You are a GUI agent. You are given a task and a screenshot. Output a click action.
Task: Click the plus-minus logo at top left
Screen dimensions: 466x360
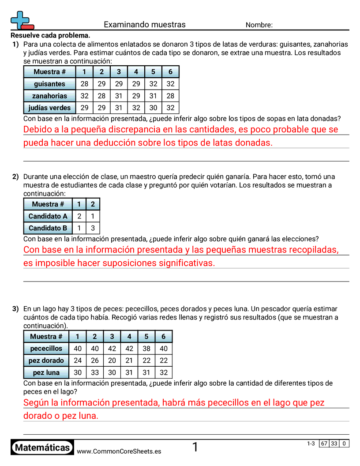pos(21,20)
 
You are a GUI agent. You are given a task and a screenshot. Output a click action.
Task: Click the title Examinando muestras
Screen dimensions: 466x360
pos(145,25)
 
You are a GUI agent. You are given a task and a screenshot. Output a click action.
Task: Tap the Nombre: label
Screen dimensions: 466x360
pos(259,25)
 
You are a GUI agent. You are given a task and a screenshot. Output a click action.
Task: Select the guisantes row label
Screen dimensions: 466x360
pos(49,84)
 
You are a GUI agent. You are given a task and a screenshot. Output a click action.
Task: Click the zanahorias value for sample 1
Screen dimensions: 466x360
pos(84,96)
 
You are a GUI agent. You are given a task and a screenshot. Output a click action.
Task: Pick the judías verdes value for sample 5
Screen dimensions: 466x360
pos(153,108)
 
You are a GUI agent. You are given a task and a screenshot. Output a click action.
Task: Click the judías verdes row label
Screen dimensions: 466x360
pos(49,108)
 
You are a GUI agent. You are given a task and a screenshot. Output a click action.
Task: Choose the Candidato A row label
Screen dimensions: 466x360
pos(48,216)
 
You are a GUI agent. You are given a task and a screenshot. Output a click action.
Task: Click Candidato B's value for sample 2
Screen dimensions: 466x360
pos(93,228)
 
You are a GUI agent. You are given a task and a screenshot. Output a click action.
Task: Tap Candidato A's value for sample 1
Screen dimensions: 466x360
pos(79,216)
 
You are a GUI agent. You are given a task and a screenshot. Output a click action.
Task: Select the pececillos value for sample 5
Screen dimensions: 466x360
pos(146,349)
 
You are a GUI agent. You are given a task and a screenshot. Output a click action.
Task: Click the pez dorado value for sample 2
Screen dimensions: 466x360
pos(94,361)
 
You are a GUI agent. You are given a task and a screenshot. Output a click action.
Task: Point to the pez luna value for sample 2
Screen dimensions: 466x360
pos(94,372)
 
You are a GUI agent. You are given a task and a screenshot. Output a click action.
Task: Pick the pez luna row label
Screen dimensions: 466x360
pos(46,372)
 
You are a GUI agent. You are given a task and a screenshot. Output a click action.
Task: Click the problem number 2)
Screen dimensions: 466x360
pos(15,177)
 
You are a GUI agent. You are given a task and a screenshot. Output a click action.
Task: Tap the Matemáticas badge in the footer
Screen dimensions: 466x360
pos(42,448)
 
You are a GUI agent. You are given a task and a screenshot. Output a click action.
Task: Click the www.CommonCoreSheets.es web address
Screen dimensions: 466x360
pos(119,451)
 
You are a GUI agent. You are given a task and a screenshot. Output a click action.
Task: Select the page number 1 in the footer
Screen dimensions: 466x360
pos(195,447)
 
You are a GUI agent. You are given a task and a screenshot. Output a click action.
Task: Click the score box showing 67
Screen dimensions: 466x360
pos(324,443)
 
